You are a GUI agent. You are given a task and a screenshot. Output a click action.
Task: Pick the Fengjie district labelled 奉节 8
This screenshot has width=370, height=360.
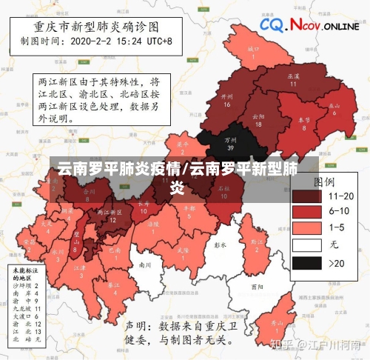click(303, 123)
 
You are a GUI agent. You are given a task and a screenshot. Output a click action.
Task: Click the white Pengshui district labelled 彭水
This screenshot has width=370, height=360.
click(219, 244)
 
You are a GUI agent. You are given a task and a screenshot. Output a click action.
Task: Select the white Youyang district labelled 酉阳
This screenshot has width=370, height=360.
click(257, 286)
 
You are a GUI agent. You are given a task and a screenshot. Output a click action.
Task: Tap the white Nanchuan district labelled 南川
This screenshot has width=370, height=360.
click(146, 264)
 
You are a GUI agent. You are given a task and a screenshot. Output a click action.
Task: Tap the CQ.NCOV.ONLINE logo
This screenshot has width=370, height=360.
click(309, 25)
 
